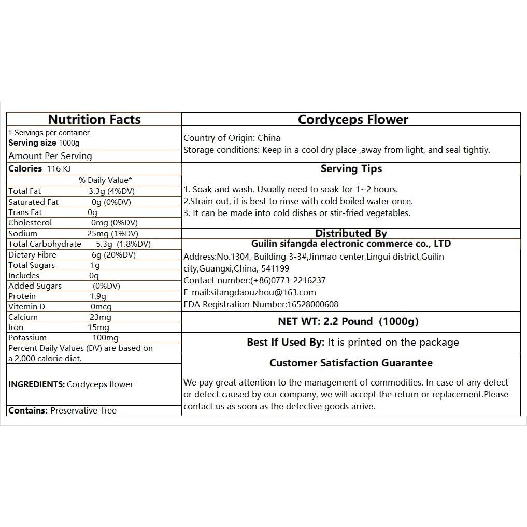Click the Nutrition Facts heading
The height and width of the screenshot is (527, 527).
(94, 119)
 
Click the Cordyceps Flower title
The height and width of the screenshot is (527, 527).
(353, 119)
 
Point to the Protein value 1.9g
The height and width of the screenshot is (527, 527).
(97, 296)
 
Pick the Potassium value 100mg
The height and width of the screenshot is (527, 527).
(105, 338)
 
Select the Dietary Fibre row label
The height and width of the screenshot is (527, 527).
(32, 254)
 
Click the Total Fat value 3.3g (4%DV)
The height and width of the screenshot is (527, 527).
(111, 191)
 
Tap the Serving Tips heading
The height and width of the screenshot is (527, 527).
(351, 168)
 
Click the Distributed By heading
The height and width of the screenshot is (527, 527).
(351, 233)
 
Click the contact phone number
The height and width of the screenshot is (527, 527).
(288, 280)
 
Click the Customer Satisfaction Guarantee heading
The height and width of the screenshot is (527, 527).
(351, 363)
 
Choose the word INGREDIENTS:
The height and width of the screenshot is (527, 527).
(36, 384)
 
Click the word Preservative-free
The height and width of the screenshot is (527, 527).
(83, 410)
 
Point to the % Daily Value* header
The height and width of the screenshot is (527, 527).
(105, 180)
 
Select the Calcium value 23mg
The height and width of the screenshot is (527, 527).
(101, 317)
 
